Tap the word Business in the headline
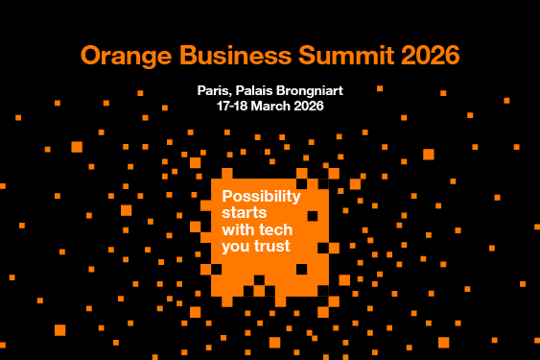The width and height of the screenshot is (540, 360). [x=236, y=55]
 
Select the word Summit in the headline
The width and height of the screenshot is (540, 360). [x=346, y=55]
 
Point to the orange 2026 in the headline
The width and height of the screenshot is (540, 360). [x=431, y=55]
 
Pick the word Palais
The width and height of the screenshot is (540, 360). [x=254, y=90]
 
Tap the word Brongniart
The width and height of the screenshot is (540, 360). [x=310, y=91]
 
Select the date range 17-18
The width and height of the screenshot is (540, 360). [x=232, y=106]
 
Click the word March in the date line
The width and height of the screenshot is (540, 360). [x=270, y=106]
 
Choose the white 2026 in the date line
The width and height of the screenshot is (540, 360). [x=309, y=106]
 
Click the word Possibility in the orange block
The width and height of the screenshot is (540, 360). [x=262, y=197]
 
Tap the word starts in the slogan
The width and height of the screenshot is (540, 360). [x=245, y=213]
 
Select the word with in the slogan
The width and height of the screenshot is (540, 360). [x=239, y=229]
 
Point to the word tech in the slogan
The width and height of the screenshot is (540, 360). [x=275, y=229]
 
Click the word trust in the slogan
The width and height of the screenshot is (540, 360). [x=272, y=246]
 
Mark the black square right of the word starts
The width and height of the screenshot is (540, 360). [x=313, y=216]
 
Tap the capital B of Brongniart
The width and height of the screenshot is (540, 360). [x=282, y=90]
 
